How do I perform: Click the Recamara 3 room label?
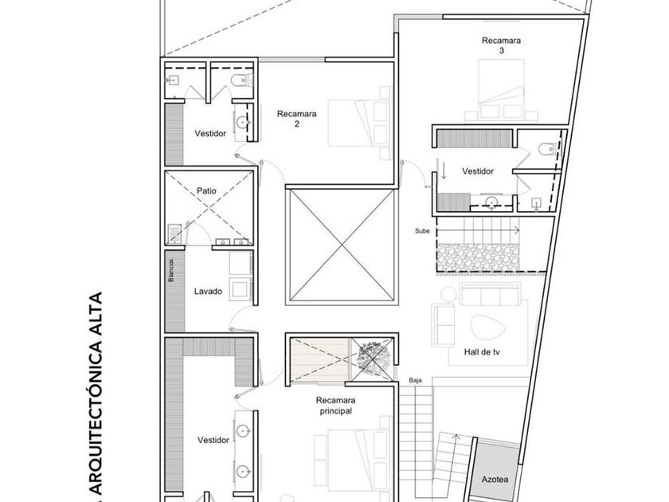(501, 45)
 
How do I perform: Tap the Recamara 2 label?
(296, 119)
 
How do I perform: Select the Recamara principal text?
(336, 406)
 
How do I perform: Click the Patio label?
(206, 190)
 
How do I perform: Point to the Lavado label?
(208, 291)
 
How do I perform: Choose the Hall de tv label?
(482, 352)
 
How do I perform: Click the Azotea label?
(495, 480)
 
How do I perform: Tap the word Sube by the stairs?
(422, 231)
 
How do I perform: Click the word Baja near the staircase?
(415, 380)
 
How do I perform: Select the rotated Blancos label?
(171, 270)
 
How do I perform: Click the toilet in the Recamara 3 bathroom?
(547, 149)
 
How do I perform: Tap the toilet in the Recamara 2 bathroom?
(241, 80)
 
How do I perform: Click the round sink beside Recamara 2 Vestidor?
(244, 122)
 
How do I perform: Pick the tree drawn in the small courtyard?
(373, 358)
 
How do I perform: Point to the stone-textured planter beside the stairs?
(478, 257)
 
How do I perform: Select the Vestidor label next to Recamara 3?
(478, 171)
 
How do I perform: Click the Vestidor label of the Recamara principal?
(213, 440)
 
